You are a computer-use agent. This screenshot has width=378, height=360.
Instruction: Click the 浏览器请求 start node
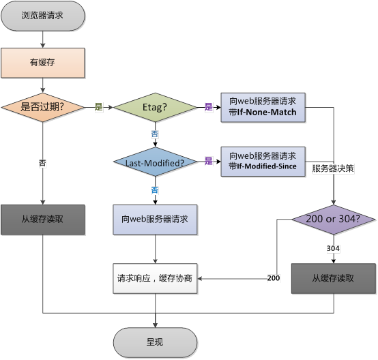pos(43,15)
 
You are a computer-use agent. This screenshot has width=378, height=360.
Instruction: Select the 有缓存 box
pos(43,63)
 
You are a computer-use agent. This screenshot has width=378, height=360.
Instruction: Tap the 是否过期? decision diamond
pos(43,107)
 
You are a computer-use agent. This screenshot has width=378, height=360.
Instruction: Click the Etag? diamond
pos(155,107)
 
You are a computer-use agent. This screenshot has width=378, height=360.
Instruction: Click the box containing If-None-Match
pos(263,107)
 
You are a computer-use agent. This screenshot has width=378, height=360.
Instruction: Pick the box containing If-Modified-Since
pos(263,162)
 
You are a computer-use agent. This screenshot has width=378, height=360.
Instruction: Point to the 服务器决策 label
pos(332,167)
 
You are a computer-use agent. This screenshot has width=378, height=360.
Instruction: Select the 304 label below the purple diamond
pos(334,248)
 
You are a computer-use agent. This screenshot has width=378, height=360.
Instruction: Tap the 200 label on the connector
pos(273,278)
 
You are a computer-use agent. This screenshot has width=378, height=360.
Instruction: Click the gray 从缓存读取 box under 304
pos(334,278)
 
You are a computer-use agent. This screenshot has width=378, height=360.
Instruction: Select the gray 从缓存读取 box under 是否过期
pos(43,220)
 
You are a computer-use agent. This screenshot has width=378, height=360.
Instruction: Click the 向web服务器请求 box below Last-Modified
pos(155,220)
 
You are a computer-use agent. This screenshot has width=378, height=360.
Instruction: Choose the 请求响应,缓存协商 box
pos(155,278)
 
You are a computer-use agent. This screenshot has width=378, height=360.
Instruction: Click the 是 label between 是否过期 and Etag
pos(98,107)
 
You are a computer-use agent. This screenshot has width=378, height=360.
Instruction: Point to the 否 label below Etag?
pos(155,134)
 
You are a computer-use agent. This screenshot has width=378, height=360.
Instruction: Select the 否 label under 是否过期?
pos(43,163)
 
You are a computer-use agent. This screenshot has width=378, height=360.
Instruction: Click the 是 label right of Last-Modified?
pos(209,162)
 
